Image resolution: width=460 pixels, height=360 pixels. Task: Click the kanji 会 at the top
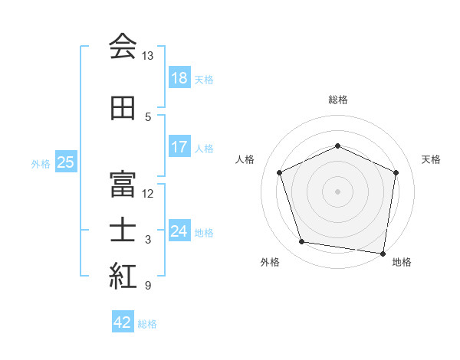[x=123, y=47]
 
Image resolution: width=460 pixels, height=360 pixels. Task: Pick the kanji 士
[x=123, y=230]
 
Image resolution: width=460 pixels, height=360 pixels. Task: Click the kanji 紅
[x=123, y=277]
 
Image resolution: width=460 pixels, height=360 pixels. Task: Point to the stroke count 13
[x=148, y=56]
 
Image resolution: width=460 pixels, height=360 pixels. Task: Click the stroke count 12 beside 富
[x=148, y=193]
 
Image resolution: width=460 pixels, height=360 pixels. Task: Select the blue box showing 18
[x=179, y=78]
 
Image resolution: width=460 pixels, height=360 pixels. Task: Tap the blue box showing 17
[x=179, y=147]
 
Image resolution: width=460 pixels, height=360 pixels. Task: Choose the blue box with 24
[x=179, y=231]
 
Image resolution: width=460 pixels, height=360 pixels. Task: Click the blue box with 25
[x=65, y=162]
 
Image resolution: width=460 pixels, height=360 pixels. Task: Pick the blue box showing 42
[x=123, y=322]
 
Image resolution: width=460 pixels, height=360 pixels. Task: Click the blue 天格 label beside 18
[x=204, y=79]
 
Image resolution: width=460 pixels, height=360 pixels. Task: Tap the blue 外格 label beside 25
[x=41, y=163]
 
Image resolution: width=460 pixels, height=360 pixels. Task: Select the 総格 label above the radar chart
[x=338, y=100]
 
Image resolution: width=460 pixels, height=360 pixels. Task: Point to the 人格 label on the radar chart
[x=245, y=159]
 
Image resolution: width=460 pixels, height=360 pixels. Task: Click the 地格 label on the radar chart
[x=402, y=262]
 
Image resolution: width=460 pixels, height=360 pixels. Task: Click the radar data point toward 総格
[x=337, y=146]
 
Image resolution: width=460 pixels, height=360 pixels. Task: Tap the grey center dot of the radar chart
[x=337, y=191]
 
